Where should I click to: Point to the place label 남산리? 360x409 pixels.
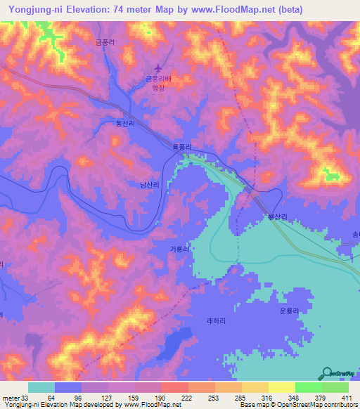point(149,185)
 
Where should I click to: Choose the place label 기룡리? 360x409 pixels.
point(179,249)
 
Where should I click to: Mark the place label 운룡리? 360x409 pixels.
point(289,309)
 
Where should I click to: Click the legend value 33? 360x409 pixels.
point(30,398)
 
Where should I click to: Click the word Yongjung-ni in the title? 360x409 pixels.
point(38,10)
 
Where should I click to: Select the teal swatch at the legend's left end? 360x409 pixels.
point(41,387)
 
